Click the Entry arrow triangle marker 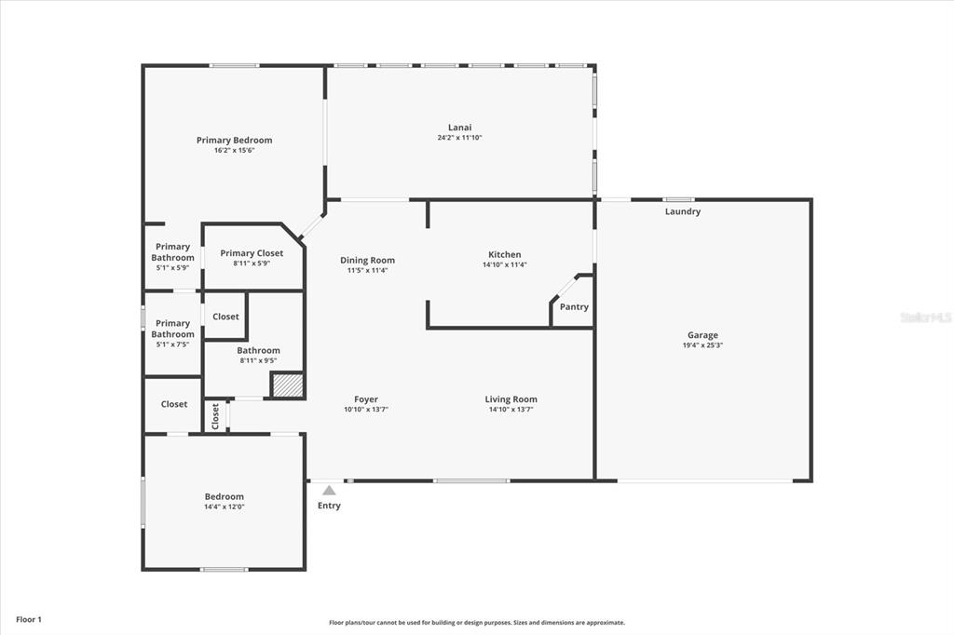point(329,491)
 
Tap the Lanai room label point(460,128)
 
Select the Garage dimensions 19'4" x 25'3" point(702,345)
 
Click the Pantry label point(574,306)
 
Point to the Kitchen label point(505,254)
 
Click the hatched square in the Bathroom point(287,385)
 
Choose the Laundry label point(683,211)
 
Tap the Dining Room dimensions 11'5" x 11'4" point(367,271)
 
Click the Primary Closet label point(252,253)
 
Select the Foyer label point(366,399)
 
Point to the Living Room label point(511,399)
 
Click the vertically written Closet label point(215,416)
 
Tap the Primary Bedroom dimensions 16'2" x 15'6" point(234,150)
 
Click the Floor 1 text point(29,620)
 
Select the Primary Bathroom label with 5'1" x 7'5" point(172,329)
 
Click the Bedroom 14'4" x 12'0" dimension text point(225,507)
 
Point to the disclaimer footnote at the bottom point(477,622)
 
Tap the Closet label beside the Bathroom point(225,317)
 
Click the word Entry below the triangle point(329,506)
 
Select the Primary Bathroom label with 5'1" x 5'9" point(172,251)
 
